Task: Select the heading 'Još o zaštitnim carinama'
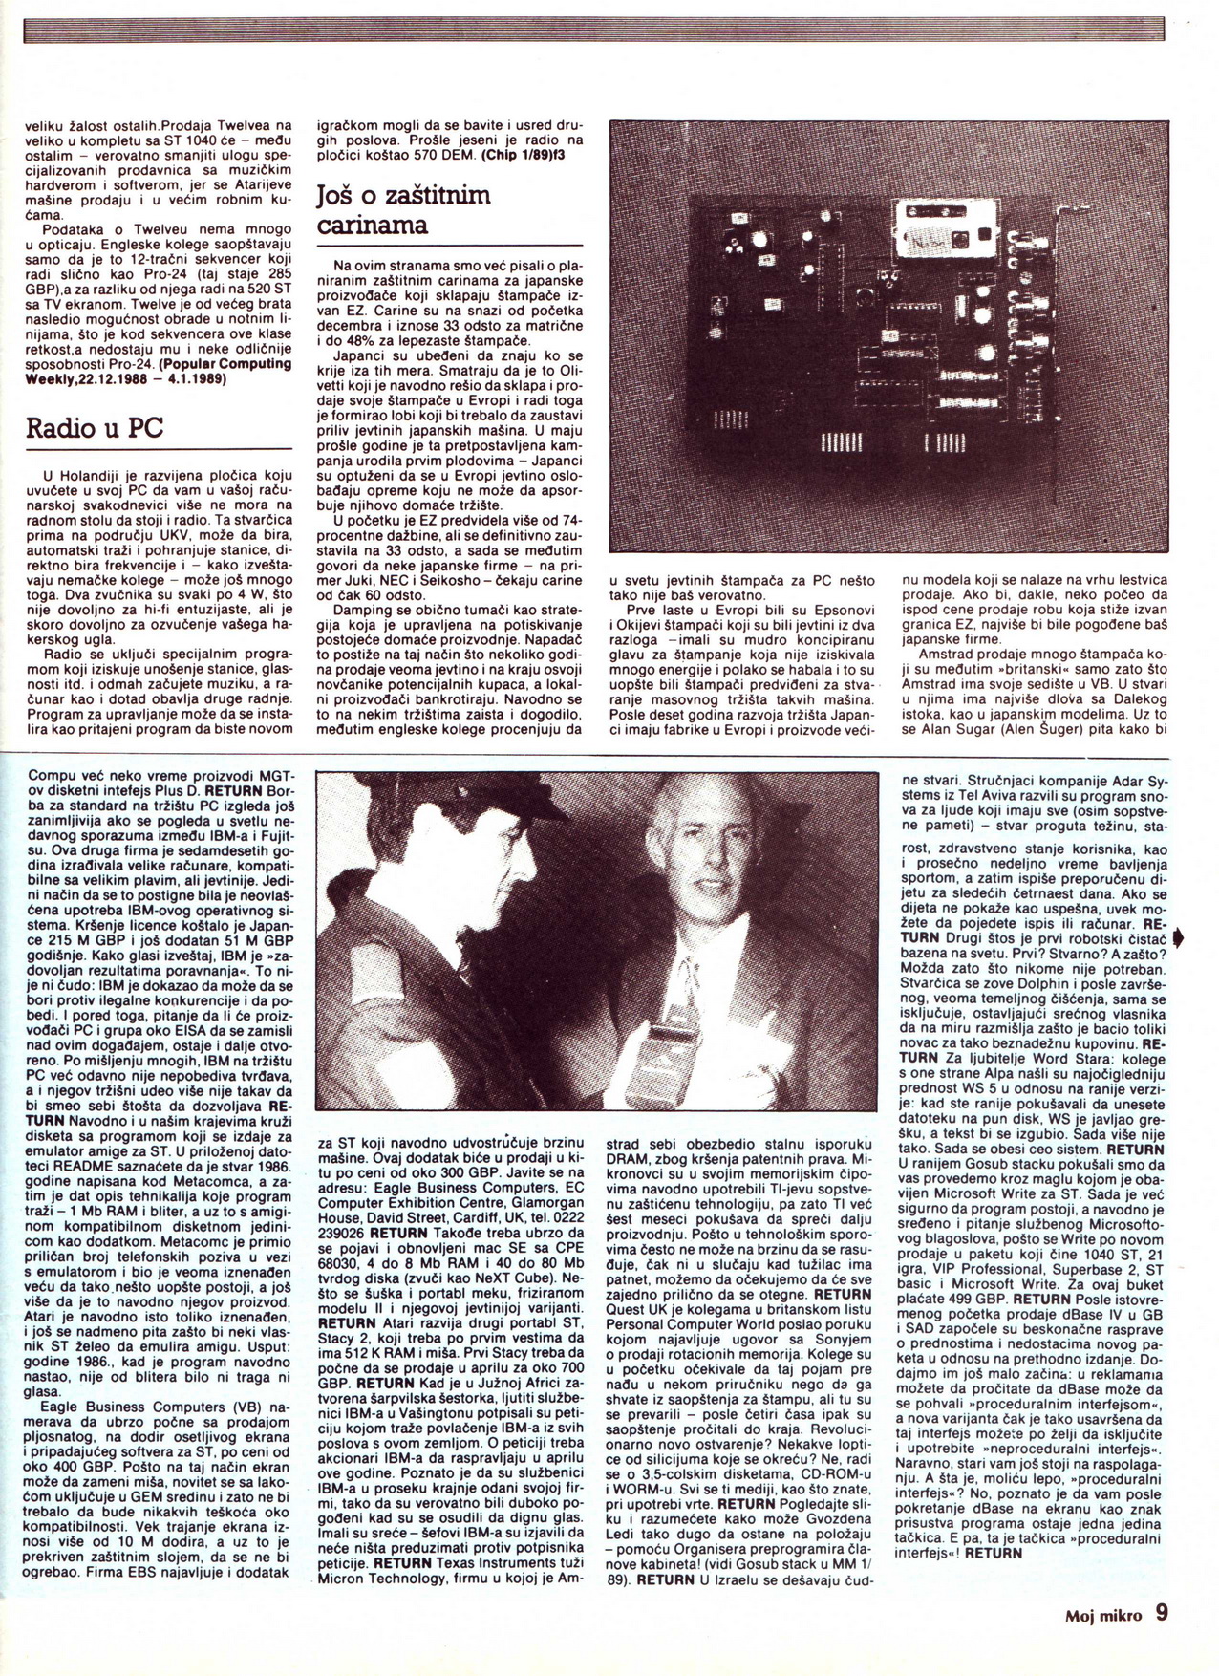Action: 402,210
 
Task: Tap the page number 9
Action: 1161,1615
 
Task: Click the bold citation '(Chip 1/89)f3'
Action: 523,156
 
